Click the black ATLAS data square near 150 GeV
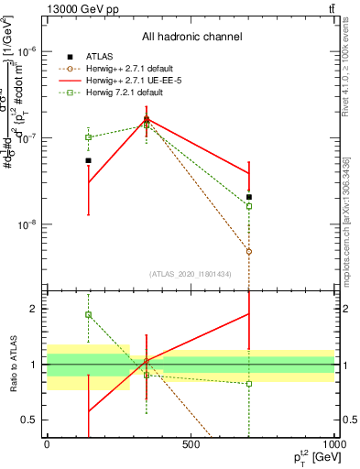pyautogui.click(x=89, y=160)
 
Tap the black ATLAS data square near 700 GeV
pyautogui.click(x=249, y=197)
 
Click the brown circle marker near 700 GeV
pyautogui.click(x=249, y=251)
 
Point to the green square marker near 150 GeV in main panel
pyautogui.click(x=89, y=137)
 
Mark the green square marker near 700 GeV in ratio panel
pyautogui.click(x=249, y=384)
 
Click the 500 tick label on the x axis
pyautogui.click(x=191, y=444)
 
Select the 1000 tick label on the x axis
pyautogui.click(x=333, y=444)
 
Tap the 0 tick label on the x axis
pyautogui.click(x=47, y=444)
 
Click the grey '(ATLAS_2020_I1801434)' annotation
pyautogui.click(x=191, y=274)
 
